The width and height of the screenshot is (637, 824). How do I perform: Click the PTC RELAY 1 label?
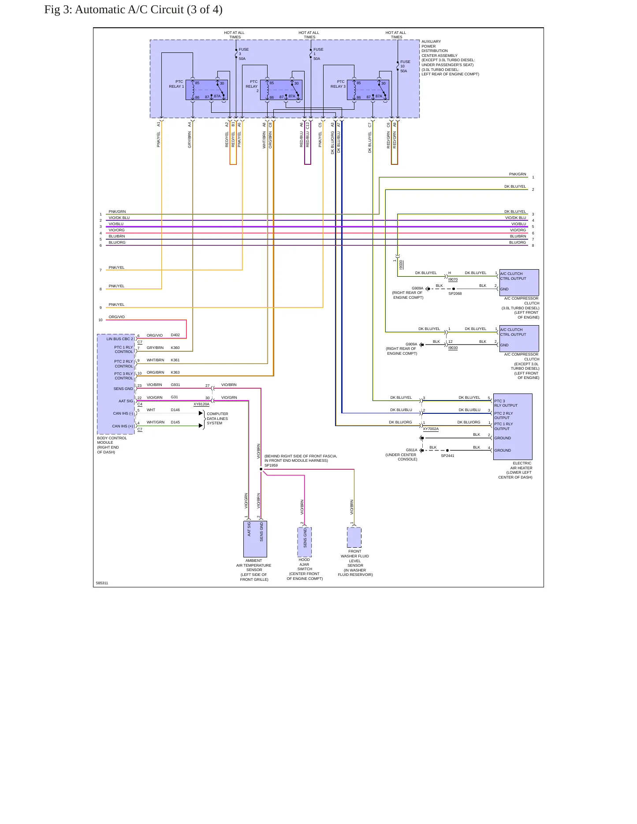176,84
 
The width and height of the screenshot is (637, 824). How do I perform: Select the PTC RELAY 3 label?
338,84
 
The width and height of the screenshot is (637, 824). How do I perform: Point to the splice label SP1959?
271,465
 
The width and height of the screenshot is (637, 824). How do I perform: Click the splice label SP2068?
455,293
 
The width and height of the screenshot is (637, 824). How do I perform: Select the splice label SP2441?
447,456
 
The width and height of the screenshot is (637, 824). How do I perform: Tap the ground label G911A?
411,450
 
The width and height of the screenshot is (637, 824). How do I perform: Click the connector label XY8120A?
201,404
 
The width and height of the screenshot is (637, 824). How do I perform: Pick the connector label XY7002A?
431,429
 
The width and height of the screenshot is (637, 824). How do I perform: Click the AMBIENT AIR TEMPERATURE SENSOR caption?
254,570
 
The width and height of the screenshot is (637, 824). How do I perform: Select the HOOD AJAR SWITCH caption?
305,569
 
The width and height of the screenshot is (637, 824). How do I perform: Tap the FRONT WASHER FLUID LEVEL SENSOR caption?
355,563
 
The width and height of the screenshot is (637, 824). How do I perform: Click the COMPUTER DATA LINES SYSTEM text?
217,419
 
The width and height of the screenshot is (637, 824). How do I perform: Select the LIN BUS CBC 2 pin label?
119,339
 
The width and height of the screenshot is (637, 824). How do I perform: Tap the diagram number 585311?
102,583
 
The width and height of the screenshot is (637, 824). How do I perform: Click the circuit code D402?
175,335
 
